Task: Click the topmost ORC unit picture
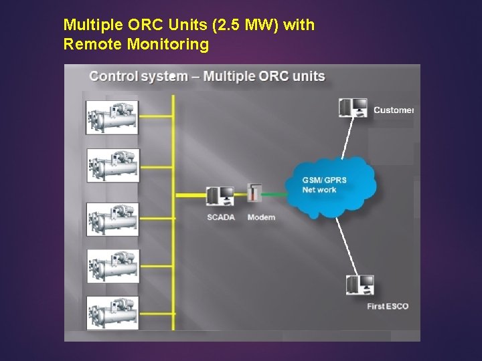(112, 117)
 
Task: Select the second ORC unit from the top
(112, 164)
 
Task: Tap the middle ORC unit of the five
(112, 219)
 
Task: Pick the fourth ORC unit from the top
(112, 266)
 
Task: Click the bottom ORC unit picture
(112, 312)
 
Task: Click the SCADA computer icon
(220, 196)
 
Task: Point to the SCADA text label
(221, 217)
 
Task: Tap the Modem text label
(261, 217)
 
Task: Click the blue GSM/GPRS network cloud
(328, 186)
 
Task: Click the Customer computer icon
(353, 108)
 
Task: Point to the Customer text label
(394, 110)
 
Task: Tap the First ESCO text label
(388, 307)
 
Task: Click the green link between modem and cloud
(275, 195)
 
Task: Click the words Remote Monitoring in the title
(136, 45)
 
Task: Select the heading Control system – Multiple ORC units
(207, 76)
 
